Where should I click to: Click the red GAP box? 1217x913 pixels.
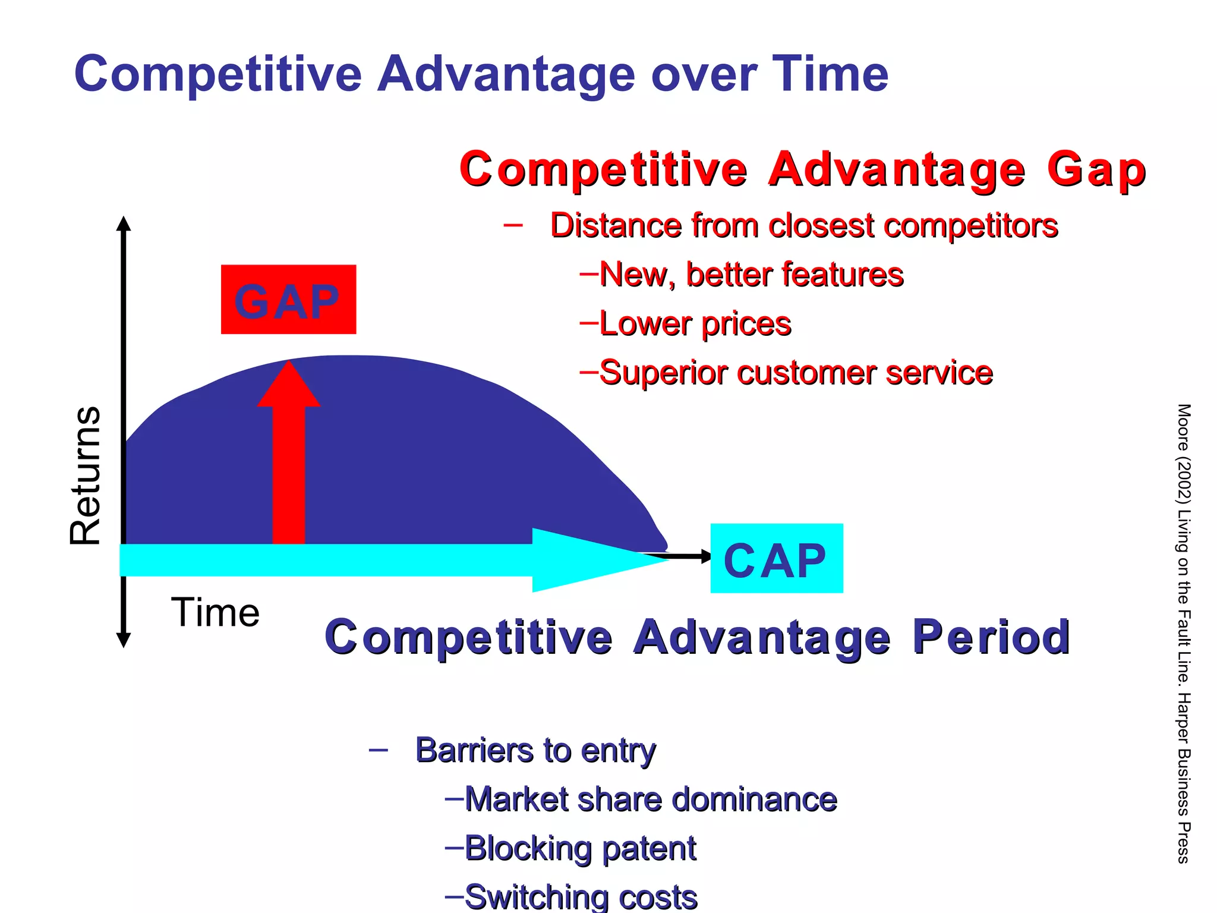[288, 299]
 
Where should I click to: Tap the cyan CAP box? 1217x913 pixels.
[776, 558]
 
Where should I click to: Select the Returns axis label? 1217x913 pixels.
[85, 476]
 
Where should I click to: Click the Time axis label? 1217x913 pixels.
[215, 612]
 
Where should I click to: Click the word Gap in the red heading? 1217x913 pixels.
[1096, 170]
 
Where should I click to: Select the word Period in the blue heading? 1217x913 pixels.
[991, 637]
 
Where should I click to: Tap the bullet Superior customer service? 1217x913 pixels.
[795, 373]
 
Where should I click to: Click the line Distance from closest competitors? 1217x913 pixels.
[803, 226]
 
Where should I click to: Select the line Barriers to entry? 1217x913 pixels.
[535, 750]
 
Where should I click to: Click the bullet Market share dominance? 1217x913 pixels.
[650, 799]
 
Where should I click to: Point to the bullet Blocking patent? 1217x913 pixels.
[579, 848]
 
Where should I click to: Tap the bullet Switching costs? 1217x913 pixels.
[580, 896]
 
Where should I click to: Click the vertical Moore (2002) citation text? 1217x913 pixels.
[1183, 633]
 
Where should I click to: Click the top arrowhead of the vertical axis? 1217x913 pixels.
[124, 223]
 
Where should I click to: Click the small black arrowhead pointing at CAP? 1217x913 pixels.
[706, 556]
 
